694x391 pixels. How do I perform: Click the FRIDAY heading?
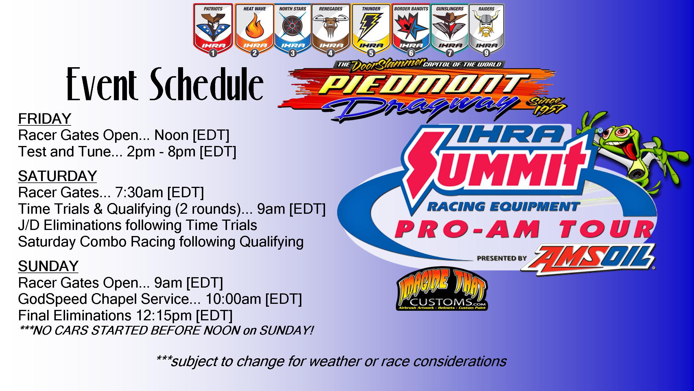pos(45,119)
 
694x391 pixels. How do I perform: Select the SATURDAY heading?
pos(57,176)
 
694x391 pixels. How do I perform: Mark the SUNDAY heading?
pos(48,266)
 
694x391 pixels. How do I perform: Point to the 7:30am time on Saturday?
pos(139,192)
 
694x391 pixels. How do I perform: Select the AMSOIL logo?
pos(587,259)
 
